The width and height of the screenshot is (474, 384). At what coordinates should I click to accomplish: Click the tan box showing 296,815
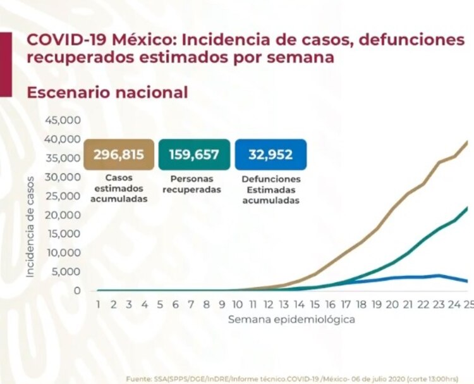(x=118, y=155)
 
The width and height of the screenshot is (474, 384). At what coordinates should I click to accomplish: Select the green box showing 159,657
(x=194, y=155)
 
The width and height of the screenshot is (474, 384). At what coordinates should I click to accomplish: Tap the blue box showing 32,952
(x=270, y=155)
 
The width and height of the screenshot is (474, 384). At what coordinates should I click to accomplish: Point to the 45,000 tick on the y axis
(x=63, y=120)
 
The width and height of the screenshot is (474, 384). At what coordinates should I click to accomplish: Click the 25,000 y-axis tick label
(x=63, y=196)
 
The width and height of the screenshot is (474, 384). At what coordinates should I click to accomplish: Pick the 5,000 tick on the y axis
(x=66, y=272)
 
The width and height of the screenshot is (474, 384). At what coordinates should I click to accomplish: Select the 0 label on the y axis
(x=76, y=291)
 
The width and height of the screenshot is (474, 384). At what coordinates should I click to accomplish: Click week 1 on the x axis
(x=99, y=304)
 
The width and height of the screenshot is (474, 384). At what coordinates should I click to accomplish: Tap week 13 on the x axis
(x=283, y=304)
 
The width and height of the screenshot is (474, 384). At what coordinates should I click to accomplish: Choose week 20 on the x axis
(x=391, y=304)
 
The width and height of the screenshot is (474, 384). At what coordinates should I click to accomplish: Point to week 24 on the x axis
(x=453, y=304)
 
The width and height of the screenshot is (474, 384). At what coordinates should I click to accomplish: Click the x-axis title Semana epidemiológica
(x=291, y=319)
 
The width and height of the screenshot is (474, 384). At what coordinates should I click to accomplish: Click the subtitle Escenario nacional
(x=107, y=92)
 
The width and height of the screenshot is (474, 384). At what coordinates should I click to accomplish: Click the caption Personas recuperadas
(x=191, y=184)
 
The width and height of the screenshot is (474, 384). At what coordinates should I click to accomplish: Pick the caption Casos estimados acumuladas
(x=119, y=189)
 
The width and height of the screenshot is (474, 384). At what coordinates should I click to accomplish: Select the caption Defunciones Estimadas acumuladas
(x=270, y=189)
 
